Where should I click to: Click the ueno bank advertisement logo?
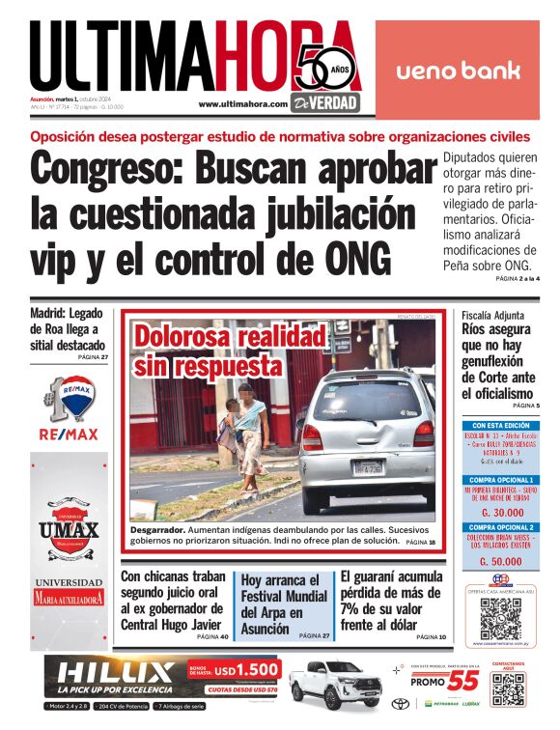458,70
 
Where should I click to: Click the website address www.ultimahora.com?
242,104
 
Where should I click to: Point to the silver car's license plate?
369,467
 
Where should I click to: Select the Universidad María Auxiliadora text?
68,592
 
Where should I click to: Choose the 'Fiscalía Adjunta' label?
492,316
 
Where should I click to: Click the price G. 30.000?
501,513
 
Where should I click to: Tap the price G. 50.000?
501,560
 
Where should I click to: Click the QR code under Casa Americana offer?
500,617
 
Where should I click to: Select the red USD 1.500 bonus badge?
235,669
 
